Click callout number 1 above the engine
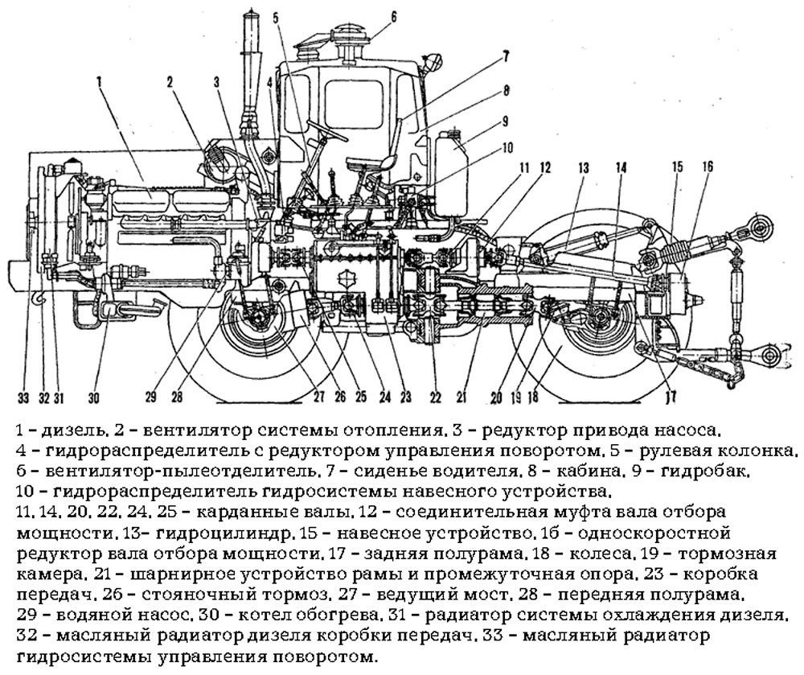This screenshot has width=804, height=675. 99,80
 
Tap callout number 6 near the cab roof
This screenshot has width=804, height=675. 393,15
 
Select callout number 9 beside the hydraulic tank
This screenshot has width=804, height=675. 505,121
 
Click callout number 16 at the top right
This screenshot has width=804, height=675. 707,167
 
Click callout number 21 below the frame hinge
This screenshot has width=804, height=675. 461,396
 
